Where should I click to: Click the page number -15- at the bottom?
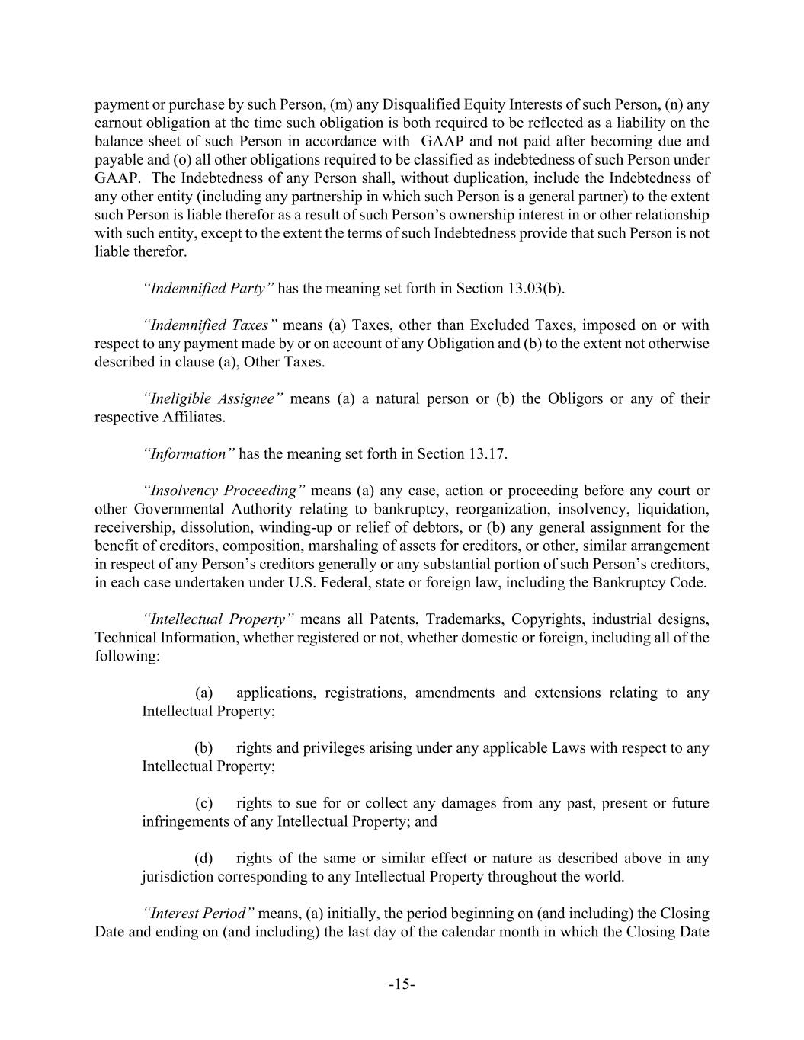402,984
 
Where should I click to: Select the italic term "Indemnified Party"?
208,288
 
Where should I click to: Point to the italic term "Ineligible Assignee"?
213,398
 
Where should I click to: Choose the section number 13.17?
485,454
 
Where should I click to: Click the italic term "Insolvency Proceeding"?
224,491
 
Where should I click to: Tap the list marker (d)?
203,858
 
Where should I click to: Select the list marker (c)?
203,803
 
